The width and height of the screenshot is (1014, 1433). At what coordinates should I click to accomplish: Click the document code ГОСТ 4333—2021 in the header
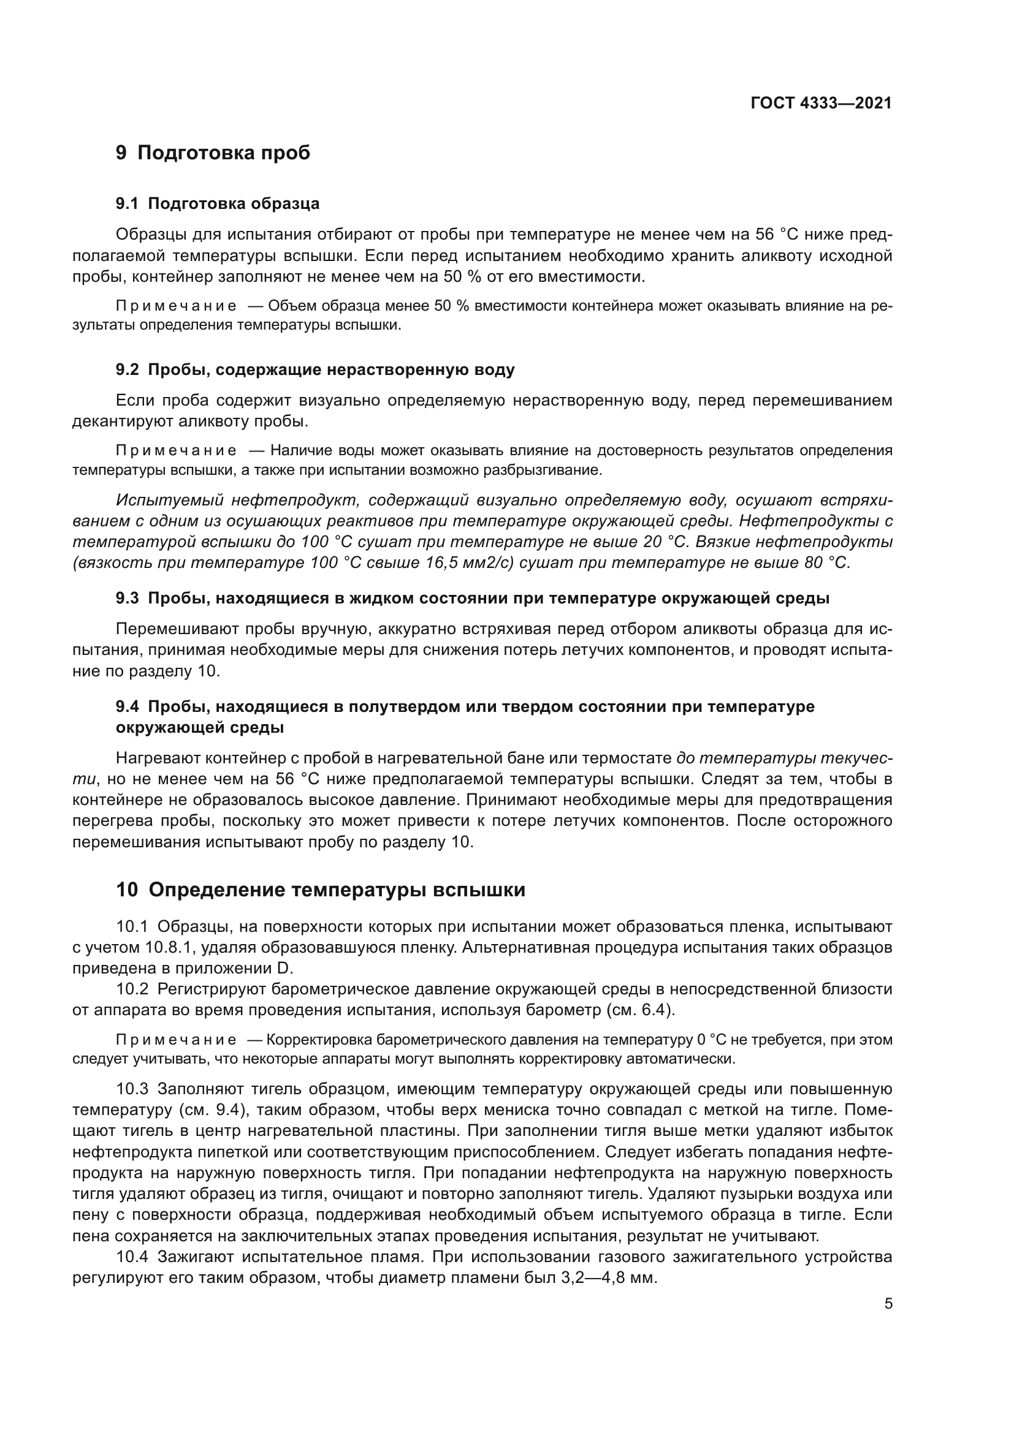821,103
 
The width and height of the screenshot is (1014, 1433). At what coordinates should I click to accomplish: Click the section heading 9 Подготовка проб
213,153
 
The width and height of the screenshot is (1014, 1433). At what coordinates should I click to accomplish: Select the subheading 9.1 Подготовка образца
217,203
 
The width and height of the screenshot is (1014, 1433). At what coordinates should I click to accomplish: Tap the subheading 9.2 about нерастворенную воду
315,370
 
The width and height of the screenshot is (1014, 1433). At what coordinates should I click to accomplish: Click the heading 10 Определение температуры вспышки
320,890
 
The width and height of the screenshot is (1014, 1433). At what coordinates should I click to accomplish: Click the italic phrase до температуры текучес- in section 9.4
784,758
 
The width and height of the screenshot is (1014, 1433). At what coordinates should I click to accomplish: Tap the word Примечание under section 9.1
176,306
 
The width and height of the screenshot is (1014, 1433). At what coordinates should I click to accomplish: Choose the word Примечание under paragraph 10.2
176,1040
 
